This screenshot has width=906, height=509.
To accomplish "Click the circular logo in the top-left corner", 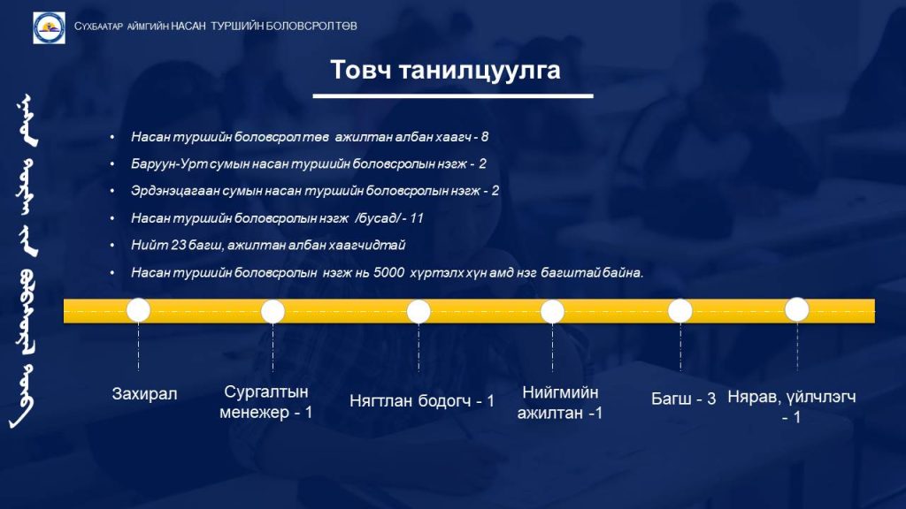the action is pyautogui.click(x=50, y=27).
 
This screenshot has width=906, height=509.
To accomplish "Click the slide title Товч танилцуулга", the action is pyautogui.click(x=445, y=70).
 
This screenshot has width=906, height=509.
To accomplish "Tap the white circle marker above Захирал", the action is pyautogui.click(x=139, y=310).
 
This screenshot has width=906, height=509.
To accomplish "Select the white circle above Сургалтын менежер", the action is pyautogui.click(x=273, y=312).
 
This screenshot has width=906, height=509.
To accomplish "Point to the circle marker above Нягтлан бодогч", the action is pyautogui.click(x=418, y=312).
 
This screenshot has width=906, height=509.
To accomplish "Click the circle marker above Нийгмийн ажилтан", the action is pyautogui.click(x=552, y=312).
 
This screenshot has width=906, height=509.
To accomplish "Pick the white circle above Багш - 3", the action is pyautogui.click(x=680, y=311).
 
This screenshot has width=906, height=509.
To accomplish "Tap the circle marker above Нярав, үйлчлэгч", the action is pyautogui.click(x=797, y=310).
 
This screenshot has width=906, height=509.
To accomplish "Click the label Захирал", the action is pyautogui.click(x=144, y=394).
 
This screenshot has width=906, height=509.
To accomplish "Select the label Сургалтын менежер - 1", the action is pyautogui.click(x=265, y=402).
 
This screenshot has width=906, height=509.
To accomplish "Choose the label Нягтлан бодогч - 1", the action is pyautogui.click(x=422, y=401).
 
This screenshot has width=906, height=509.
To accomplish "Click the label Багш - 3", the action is pyautogui.click(x=684, y=399).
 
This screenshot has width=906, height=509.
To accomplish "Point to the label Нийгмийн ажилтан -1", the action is pyautogui.click(x=560, y=402).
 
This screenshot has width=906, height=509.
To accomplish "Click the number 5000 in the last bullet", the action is pyautogui.click(x=388, y=272).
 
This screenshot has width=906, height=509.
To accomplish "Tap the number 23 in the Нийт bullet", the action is pyautogui.click(x=178, y=246).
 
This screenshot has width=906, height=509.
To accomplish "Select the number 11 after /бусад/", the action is pyautogui.click(x=417, y=218).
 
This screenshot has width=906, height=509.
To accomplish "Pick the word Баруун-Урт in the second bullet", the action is pyautogui.click(x=169, y=163).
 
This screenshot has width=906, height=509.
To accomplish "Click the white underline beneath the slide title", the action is pyautogui.click(x=453, y=95).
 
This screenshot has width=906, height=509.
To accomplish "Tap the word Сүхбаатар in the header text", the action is pyautogui.click(x=98, y=27).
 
